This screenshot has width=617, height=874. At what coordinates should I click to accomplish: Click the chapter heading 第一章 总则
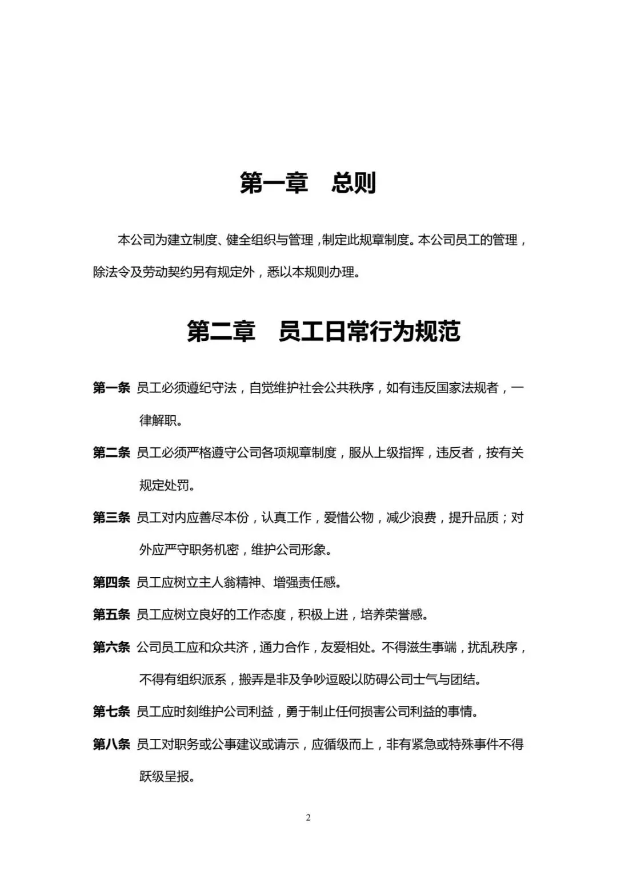[x=307, y=183]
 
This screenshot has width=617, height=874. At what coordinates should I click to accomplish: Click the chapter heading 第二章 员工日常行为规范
[x=323, y=332]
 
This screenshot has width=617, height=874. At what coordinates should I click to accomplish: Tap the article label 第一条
[x=111, y=388]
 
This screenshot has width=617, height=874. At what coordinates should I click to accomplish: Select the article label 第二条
[x=111, y=453]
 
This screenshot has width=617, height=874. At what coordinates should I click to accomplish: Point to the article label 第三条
[x=111, y=518]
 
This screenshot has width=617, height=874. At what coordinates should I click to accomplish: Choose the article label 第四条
[x=111, y=583]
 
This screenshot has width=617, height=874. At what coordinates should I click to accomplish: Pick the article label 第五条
[x=111, y=615]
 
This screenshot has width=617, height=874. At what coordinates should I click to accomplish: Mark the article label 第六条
[x=111, y=647]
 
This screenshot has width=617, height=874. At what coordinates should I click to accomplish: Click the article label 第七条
[x=111, y=712]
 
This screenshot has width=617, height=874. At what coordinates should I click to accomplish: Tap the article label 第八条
[x=111, y=745]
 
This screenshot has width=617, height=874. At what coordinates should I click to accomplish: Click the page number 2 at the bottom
[x=308, y=817]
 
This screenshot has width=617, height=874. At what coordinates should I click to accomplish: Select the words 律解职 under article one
[x=158, y=420]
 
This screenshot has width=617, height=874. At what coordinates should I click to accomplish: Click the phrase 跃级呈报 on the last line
[x=164, y=777]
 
